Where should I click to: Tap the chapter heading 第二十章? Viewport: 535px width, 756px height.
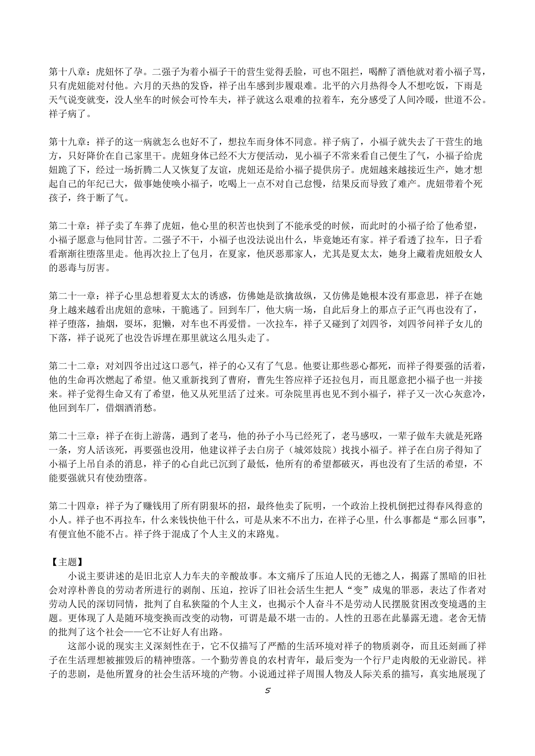click(x=67, y=226)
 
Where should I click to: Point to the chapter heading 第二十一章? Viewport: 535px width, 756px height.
click(x=72, y=296)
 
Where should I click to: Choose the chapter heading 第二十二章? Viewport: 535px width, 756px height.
click(x=72, y=366)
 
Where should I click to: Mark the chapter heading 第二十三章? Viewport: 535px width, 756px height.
click(x=72, y=436)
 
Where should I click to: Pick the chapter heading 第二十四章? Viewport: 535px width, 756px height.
click(x=72, y=506)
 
